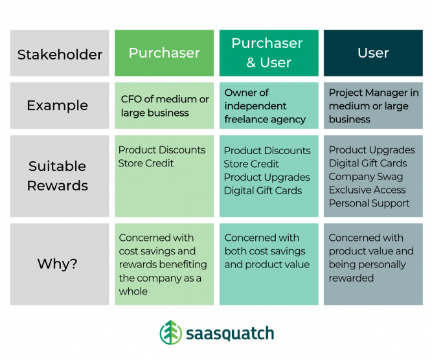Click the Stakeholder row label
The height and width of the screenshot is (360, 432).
60,54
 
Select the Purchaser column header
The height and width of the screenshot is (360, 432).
164,53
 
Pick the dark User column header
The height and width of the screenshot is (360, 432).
373,53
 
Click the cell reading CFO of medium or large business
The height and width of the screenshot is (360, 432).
165,106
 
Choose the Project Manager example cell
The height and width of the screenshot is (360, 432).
373,106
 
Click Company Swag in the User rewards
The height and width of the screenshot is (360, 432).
365,177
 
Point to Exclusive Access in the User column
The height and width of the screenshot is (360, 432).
367,190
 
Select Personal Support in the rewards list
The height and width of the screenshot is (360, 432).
369,203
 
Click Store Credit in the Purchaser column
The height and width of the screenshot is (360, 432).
146,163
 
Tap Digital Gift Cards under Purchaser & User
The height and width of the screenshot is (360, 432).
263,190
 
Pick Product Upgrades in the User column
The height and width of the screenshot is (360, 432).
372,150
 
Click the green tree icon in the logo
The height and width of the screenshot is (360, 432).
171,333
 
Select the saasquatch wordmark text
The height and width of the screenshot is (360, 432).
230,334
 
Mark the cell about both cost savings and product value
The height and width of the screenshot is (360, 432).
267,251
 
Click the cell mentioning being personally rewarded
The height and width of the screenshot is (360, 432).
371,258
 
